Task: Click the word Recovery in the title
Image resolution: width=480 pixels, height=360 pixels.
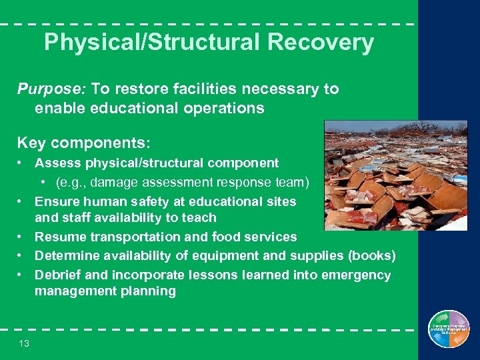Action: tap(321, 43)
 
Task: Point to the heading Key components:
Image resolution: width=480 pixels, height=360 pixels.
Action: tap(84, 143)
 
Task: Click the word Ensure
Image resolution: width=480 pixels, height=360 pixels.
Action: tap(57, 201)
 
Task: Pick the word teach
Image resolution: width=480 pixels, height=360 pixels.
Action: tap(201, 217)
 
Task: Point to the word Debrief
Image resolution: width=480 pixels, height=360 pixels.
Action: tap(58, 275)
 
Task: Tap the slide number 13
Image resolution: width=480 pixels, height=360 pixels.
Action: tap(24, 343)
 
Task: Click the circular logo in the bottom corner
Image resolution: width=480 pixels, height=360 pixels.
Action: tap(449, 329)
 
